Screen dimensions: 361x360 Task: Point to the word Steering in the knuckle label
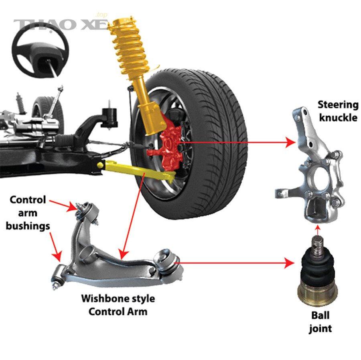pos(338,105)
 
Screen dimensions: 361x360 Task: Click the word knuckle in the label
pos(338,118)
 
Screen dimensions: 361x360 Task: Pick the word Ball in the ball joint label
pos(320,315)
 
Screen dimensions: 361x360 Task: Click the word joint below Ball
pos(320,328)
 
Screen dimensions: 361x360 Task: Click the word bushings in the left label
pos(28,226)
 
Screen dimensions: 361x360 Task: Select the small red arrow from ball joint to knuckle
pos(318,230)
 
